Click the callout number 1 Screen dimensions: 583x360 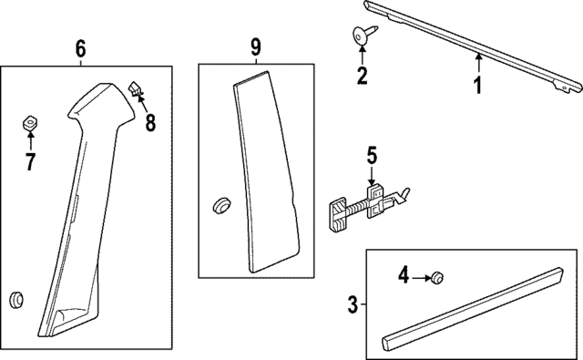tap(478, 85)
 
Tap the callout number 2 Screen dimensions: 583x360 tap(362, 75)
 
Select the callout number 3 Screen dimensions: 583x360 tap(353, 304)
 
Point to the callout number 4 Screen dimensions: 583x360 tap(404, 276)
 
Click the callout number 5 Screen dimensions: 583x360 tap(372, 155)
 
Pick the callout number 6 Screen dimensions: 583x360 tap(80, 48)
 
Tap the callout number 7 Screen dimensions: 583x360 tap(30, 161)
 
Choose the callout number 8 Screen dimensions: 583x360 tap(150, 123)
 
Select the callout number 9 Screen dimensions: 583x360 tap(256, 46)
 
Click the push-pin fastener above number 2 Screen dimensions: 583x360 tap(364, 35)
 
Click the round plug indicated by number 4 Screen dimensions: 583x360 tap(436, 277)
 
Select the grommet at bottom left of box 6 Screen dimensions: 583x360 tap(16, 301)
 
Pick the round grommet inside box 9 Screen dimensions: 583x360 tap(221, 205)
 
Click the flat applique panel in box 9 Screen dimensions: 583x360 tap(265, 172)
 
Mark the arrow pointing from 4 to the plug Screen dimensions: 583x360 tap(421, 277)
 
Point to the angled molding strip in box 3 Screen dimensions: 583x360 tap(472, 308)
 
